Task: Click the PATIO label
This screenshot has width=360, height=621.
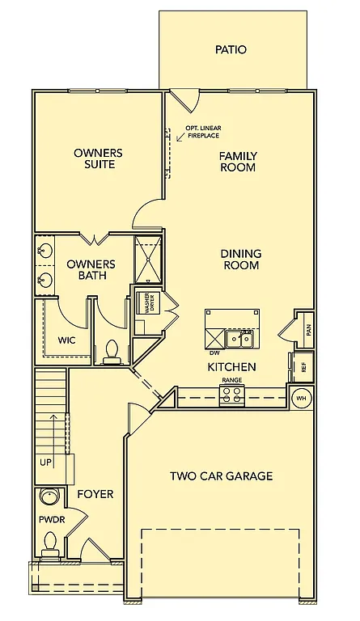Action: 231,49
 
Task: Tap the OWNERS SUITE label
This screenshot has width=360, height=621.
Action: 99,158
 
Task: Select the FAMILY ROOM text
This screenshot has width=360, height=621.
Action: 238,162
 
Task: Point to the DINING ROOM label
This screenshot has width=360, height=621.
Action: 240,259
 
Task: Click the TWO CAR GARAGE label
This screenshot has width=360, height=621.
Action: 221,475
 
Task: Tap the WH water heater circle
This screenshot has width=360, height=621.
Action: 300,398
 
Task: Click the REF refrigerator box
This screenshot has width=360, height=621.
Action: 303,366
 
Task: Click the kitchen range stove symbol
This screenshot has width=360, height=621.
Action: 232,395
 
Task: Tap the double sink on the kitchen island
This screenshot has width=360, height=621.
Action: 238,339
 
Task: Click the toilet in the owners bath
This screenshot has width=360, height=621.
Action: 112,351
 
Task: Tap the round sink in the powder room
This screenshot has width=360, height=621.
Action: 50,497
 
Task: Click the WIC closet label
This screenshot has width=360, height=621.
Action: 66,340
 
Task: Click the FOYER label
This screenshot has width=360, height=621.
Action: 95,493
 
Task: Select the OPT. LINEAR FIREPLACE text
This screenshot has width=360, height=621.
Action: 203,132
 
